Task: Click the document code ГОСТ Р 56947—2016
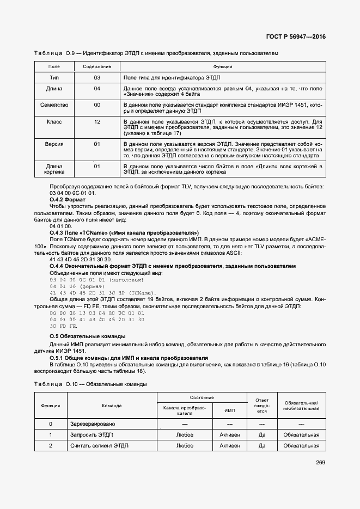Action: coord(299,36)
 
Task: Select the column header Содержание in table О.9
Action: coord(97,66)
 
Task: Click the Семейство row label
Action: coord(54,105)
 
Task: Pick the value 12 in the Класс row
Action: coord(97,121)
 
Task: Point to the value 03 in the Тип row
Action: coord(97,77)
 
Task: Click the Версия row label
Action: coord(54,144)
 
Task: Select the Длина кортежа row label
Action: coord(54,169)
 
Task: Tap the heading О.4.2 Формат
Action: coord(64,200)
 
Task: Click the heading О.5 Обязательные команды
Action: coord(88,336)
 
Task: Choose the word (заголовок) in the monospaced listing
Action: coord(127,279)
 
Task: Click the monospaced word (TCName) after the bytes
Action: coord(143,292)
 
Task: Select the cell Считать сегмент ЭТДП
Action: coord(100,445)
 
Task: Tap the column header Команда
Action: coord(112,406)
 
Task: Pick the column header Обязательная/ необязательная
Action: coord(301,406)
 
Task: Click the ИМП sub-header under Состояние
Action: coord(230,410)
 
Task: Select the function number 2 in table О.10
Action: coord(50,445)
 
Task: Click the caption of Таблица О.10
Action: coord(90,384)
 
